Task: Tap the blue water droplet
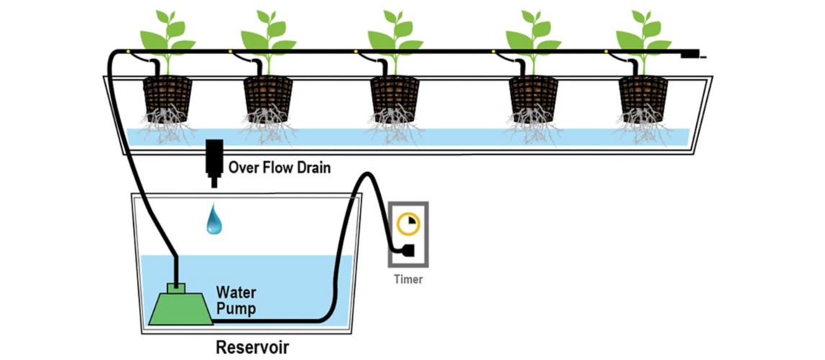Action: (x=214, y=219)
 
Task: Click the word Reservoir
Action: (x=252, y=348)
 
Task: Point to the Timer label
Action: (x=408, y=279)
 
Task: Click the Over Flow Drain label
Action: (x=279, y=168)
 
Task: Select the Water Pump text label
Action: (x=235, y=300)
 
